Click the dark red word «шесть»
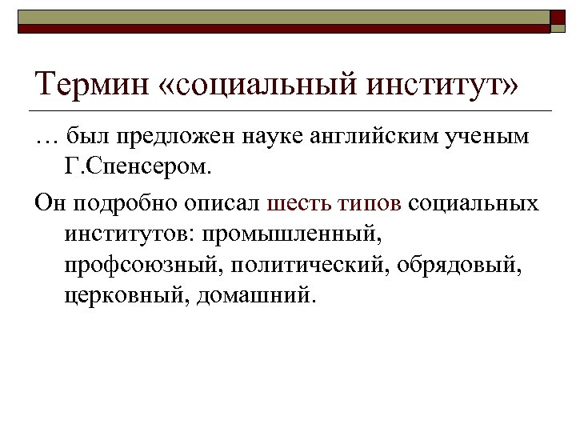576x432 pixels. [298, 203]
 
